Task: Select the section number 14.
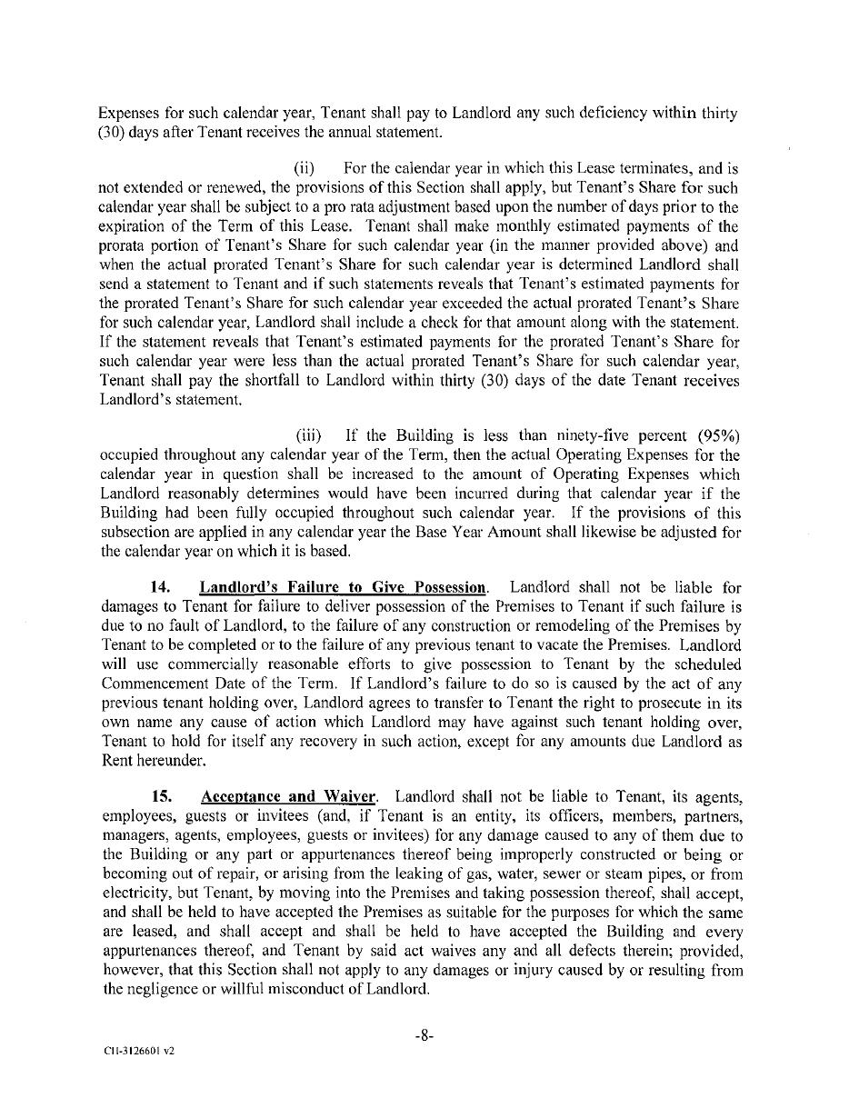[160, 587]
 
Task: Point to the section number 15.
[160, 797]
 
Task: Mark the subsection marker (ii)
[305, 169]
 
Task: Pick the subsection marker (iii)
[307, 435]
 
